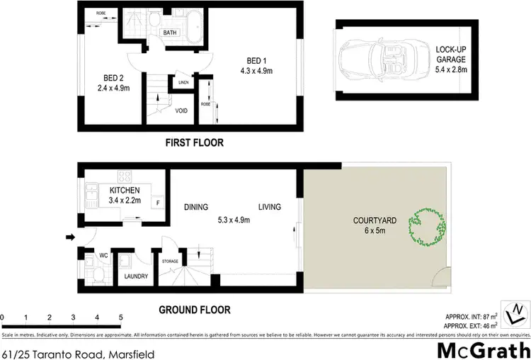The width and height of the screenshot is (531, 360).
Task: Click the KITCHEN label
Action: (124, 191)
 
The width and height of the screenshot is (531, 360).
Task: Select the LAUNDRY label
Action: (135, 276)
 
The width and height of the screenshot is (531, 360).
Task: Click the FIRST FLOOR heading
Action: (194, 142)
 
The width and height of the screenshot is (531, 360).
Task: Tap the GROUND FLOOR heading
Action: (194, 310)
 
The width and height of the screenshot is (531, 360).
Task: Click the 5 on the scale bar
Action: (121, 317)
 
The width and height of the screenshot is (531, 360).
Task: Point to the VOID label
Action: (181, 111)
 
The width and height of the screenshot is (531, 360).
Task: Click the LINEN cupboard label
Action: (183, 83)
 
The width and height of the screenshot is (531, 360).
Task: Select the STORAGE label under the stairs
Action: (171, 261)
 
